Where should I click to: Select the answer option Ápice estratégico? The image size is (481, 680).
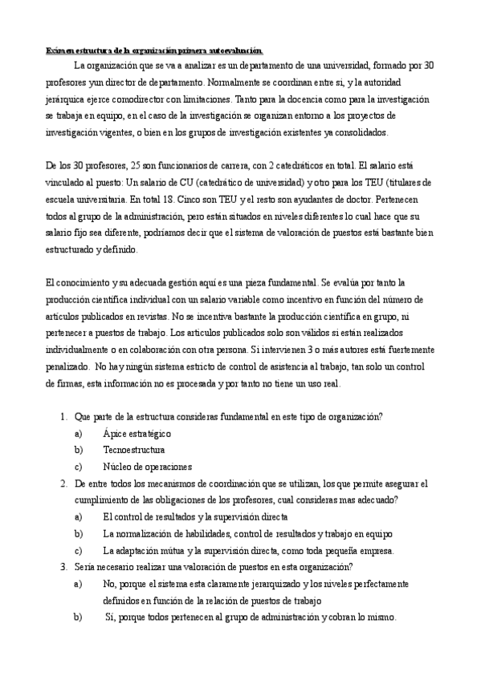point(137,433)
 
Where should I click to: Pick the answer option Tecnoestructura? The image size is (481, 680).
point(134,450)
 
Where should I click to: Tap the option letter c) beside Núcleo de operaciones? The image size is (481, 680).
point(78,466)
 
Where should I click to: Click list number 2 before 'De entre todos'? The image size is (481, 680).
point(63,484)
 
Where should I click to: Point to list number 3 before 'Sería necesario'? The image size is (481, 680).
point(63,567)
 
